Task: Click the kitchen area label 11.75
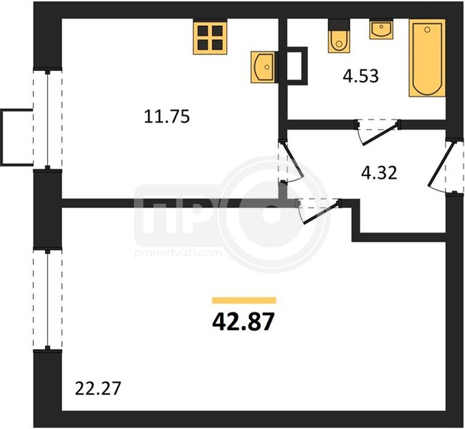click(x=167, y=116)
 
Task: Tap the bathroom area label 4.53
click(x=361, y=76)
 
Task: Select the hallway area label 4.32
click(x=379, y=173)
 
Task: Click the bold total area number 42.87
click(x=243, y=322)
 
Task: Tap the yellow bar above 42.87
click(x=244, y=300)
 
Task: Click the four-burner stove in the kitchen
click(x=210, y=37)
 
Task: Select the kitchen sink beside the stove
click(x=262, y=67)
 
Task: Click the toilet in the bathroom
click(x=339, y=36)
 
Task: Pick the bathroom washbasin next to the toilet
click(x=381, y=29)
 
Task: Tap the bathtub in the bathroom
click(x=427, y=58)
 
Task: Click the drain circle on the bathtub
click(x=427, y=29)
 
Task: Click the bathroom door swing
click(x=378, y=132)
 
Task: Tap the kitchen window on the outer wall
click(x=48, y=119)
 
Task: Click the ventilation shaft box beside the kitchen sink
click(x=297, y=66)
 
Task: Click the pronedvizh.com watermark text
click(x=178, y=253)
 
